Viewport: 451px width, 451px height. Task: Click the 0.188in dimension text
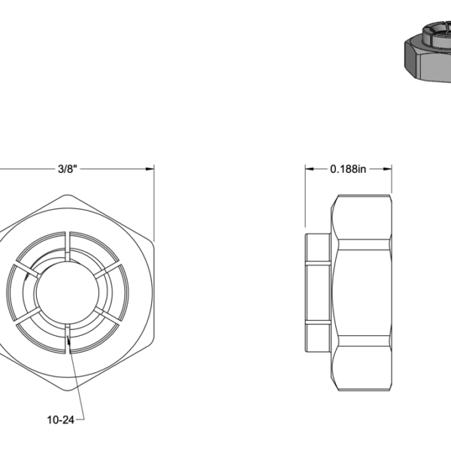(x=348, y=169)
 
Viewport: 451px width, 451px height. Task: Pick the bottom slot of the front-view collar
(x=68, y=338)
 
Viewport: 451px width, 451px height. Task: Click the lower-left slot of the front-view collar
(x=25, y=314)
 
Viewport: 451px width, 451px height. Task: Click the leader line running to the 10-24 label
(x=77, y=383)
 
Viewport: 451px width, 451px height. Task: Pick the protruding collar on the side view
(x=318, y=292)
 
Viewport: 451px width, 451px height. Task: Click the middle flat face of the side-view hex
(x=363, y=292)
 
